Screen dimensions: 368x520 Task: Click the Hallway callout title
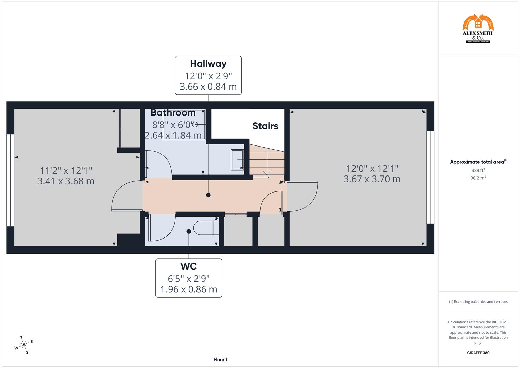[x=208, y=64]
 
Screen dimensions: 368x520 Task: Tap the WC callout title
[x=189, y=266]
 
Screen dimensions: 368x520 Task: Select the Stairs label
[x=265, y=126]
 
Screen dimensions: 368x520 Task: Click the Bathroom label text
[x=173, y=113]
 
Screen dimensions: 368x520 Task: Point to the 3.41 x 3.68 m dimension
[x=66, y=181]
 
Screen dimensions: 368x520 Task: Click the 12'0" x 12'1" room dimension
[x=372, y=168]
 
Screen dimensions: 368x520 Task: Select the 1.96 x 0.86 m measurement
[x=189, y=289]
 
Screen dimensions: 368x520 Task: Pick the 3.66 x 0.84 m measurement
[x=208, y=87]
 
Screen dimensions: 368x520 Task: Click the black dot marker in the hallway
[x=208, y=195]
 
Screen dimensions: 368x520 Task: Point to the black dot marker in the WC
[x=189, y=231]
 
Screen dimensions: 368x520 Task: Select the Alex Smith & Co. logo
[x=478, y=29]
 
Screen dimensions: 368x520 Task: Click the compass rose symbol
[x=23, y=345]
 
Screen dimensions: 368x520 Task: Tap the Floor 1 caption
[x=220, y=359]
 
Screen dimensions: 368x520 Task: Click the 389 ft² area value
[x=478, y=170]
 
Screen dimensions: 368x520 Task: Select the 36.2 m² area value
[x=478, y=178]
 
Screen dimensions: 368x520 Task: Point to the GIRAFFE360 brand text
[x=478, y=353]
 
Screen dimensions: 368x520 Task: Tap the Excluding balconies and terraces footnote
[x=478, y=302]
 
